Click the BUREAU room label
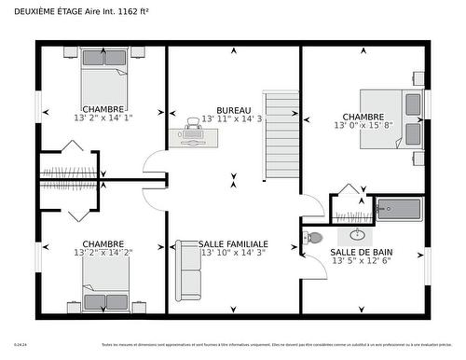click(233, 109)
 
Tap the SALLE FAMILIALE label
click(233, 242)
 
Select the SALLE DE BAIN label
click(361, 252)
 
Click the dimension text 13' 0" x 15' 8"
click(363, 126)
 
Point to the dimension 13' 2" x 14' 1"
click(103, 118)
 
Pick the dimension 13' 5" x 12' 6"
click(361, 261)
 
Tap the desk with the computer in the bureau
click(194, 136)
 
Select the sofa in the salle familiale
click(187, 270)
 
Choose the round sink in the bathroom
click(358, 233)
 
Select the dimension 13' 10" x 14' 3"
click(233, 253)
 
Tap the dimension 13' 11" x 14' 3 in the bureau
click(233, 119)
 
